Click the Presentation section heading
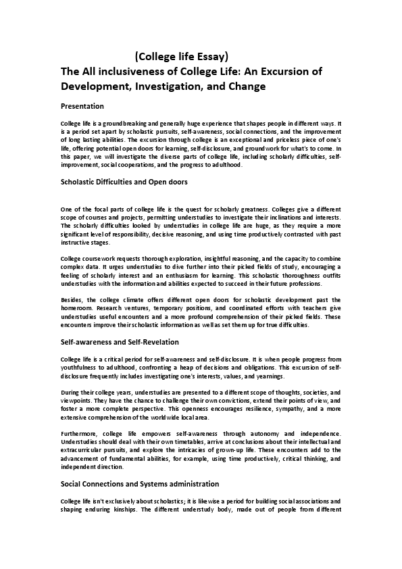tap(82, 106)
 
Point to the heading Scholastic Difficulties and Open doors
tap(124, 182)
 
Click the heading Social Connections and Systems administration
tap(139, 484)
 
